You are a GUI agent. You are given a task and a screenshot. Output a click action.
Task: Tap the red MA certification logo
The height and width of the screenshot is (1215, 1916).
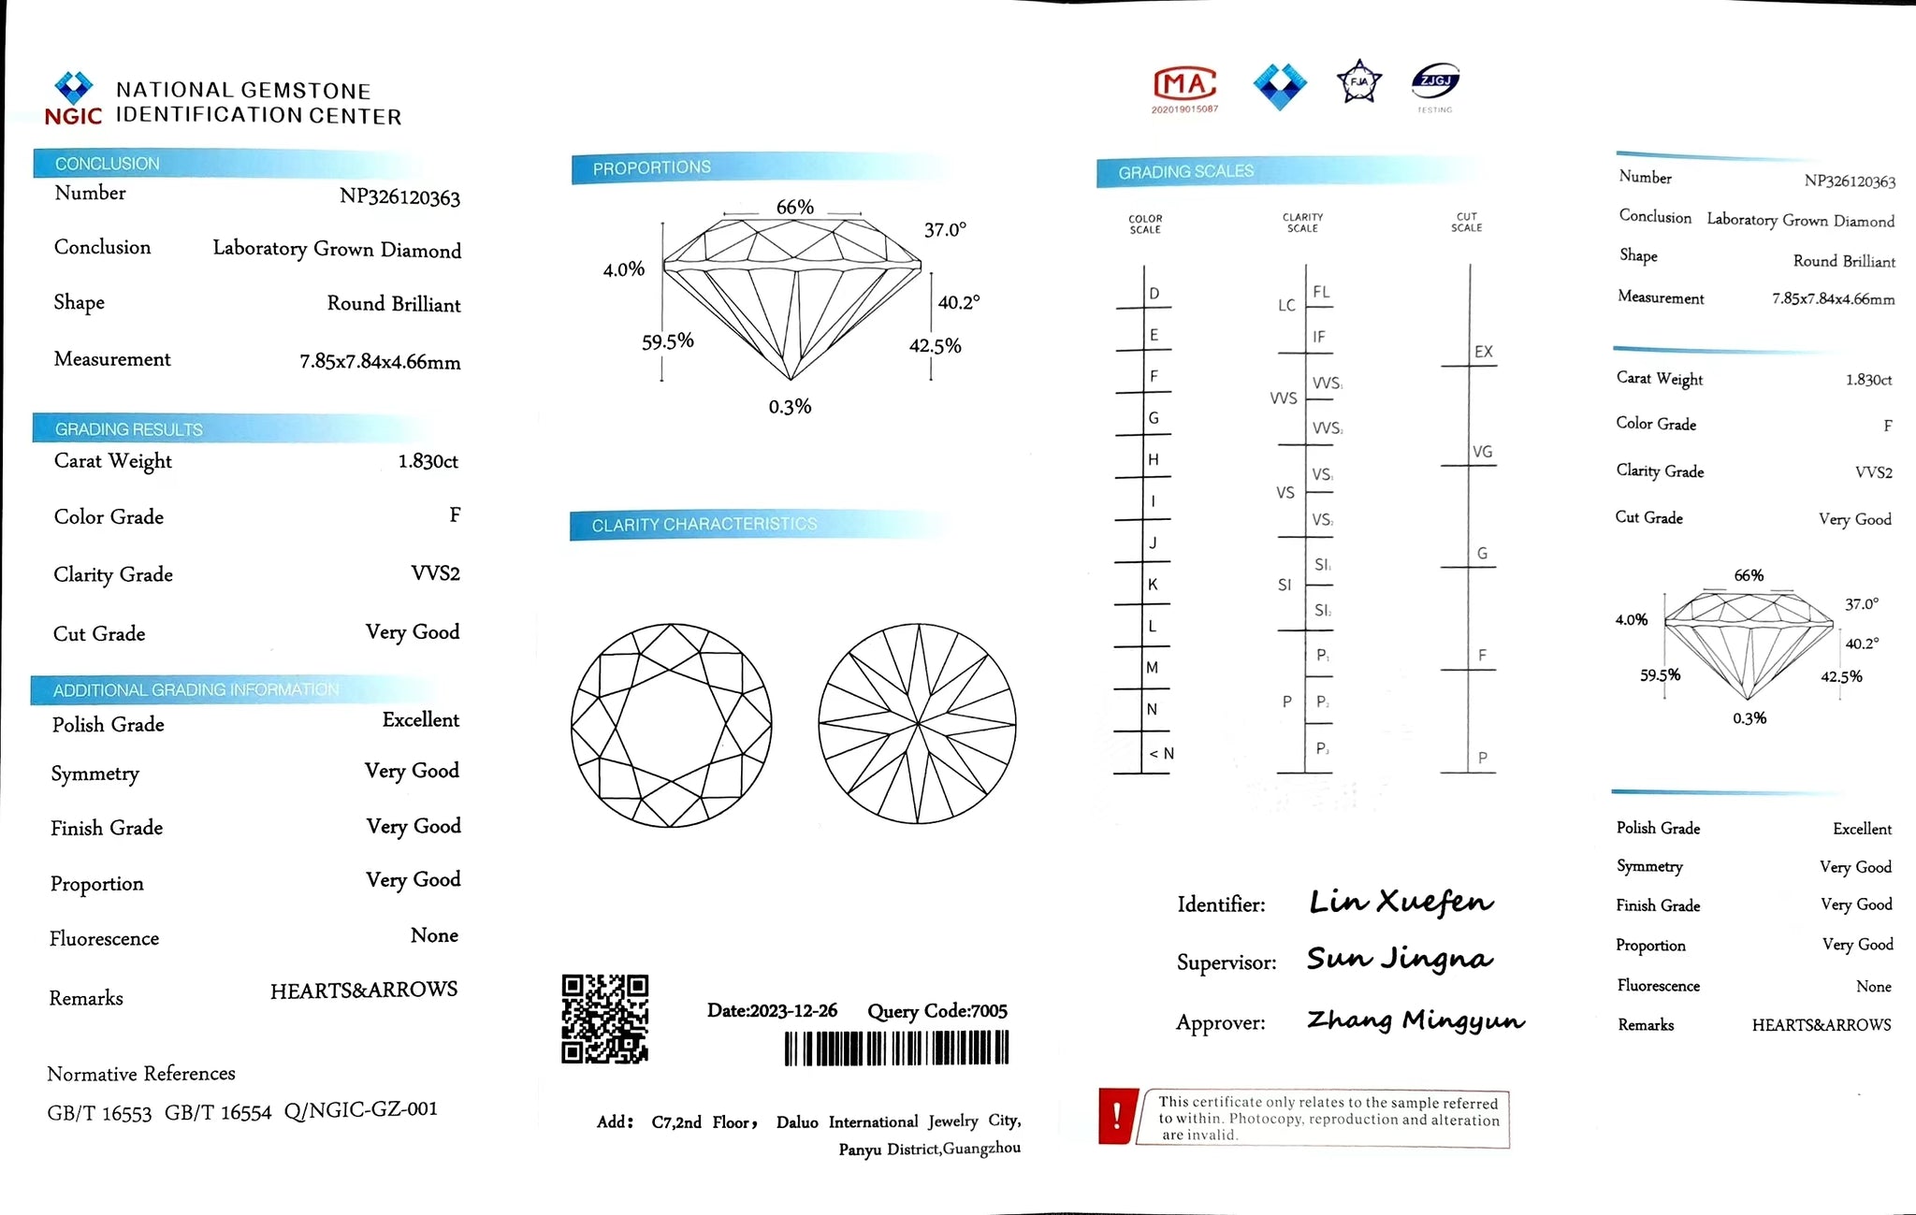coord(1184,86)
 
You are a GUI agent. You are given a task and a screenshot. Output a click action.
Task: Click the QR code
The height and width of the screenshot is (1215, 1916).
coord(604,1019)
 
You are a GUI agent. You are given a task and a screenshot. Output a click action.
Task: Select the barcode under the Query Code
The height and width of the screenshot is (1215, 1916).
coord(896,1049)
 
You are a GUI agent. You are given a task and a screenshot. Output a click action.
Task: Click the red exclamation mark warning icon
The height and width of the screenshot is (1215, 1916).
coord(1116,1116)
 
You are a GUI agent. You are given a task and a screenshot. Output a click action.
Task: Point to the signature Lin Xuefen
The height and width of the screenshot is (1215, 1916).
coord(1401,902)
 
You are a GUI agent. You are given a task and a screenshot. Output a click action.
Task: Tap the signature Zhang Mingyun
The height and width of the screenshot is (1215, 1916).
coord(1415,1020)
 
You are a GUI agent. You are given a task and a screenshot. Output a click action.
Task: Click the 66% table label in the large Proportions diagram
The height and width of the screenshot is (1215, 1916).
coord(794,207)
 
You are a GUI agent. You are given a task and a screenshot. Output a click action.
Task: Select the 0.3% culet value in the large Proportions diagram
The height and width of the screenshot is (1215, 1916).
coord(790,407)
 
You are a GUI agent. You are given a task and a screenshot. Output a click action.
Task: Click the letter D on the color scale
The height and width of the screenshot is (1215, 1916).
coord(1154,294)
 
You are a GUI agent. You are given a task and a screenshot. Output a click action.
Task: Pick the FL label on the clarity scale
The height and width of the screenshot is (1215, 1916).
coord(1321,292)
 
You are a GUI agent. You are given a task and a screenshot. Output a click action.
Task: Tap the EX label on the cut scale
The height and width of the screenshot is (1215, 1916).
coord(1484,352)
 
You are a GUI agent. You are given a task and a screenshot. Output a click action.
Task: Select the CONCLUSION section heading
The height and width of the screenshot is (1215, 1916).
coord(108,164)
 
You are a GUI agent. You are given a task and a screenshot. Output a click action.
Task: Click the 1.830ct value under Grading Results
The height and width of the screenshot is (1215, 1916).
coord(428,461)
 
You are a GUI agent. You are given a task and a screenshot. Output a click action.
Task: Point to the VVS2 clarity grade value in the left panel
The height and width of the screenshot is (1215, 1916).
coord(435,573)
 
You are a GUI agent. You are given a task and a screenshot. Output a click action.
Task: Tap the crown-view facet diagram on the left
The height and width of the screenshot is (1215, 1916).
coord(672,725)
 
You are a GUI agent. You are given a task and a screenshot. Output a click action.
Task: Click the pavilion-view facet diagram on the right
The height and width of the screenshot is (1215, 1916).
coord(918,724)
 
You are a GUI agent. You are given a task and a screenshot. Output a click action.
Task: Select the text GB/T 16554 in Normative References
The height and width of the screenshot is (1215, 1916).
coord(218,1113)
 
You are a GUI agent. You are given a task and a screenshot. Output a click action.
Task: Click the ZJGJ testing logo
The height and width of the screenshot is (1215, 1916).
coord(1435,84)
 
